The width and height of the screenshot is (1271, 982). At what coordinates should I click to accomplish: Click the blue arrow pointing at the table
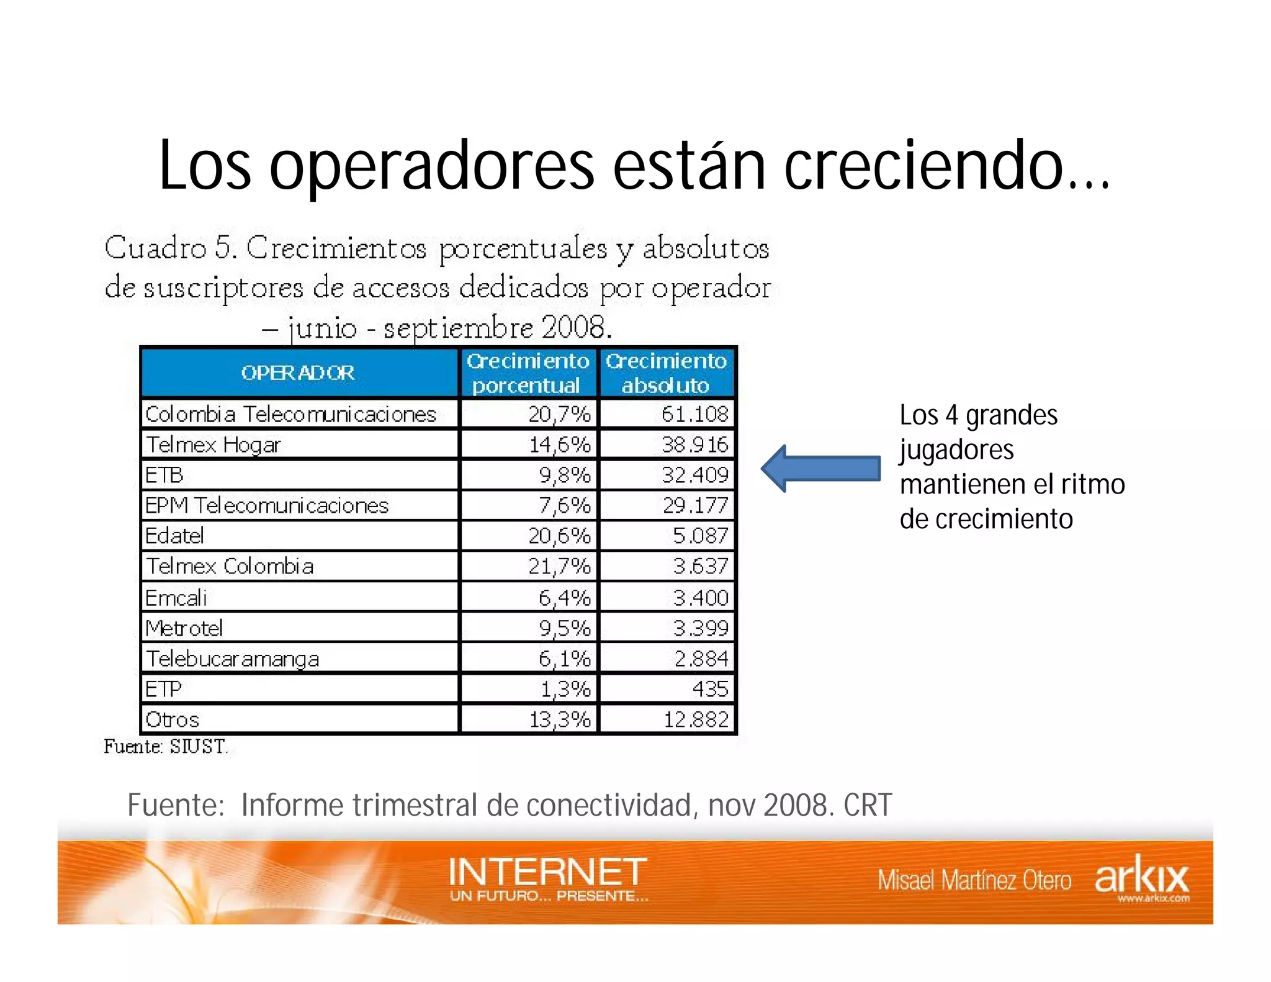point(820,469)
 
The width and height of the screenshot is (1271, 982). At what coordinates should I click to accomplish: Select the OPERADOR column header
point(298,372)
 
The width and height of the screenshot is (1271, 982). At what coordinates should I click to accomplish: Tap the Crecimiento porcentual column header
point(528,372)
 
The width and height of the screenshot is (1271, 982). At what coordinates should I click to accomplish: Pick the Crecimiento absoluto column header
point(666,372)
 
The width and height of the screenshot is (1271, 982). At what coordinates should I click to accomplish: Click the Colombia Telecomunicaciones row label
point(290,414)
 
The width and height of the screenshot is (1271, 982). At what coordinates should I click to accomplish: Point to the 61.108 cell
point(694,414)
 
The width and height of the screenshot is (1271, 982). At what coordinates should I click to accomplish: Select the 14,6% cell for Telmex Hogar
point(559,444)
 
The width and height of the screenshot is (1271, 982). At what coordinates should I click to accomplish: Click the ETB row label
point(164,475)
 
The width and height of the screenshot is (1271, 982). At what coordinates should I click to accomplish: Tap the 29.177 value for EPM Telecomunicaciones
point(695,505)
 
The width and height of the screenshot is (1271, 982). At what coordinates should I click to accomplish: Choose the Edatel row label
point(174,536)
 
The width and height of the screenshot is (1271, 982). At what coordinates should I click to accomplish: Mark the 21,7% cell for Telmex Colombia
point(559,566)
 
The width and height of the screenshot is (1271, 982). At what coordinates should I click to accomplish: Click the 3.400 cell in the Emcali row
point(700,597)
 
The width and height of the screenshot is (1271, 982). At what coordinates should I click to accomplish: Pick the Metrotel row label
point(184,628)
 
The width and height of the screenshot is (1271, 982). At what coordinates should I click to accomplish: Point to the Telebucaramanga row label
point(233,659)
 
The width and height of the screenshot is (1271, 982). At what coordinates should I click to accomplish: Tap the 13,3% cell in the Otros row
point(559,719)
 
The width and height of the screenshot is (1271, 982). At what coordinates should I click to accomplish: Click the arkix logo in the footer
point(1141,877)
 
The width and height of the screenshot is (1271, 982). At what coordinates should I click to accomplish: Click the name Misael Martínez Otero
point(974,880)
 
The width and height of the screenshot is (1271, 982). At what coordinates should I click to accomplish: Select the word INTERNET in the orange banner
point(547,871)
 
